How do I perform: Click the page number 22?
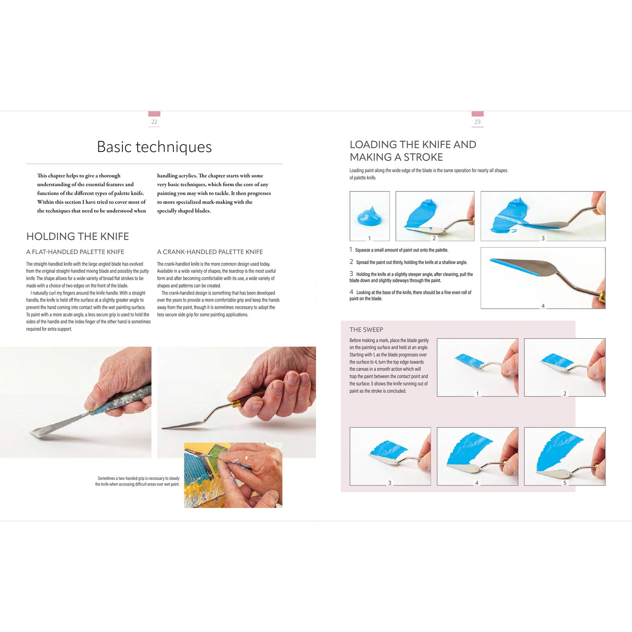pyautogui.click(x=154, y=122)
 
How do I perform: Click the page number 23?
pyautogui.click(x=477, y=122)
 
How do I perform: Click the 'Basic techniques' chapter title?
pyautogui.click(x=154, y=146)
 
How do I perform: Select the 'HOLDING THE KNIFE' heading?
pyautogui.click(x=78, y=236)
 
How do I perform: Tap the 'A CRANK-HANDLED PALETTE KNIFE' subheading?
pyautogui.click(x=210, y=252)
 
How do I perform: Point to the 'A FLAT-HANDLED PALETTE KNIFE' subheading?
pyautogui.click(x=75, y=252)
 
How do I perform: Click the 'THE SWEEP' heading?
pyautogui.click(x=366, y=330)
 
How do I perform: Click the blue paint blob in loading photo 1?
pyautogui.click(x=369, y=217)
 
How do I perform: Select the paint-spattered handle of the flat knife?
pyautogui.click(x=121, y=401)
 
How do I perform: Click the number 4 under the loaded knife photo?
pyautogui.click(x=543, y=306)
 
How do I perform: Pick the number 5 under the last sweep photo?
pyautogui.click(x=565, y=483)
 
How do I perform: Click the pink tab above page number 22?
pyautogui.click(x=154, y=114)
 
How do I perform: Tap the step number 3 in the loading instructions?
pyautogui.click(x=351, y=273)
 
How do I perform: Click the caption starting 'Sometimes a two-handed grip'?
pyautogui.click(x=137, y=481)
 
